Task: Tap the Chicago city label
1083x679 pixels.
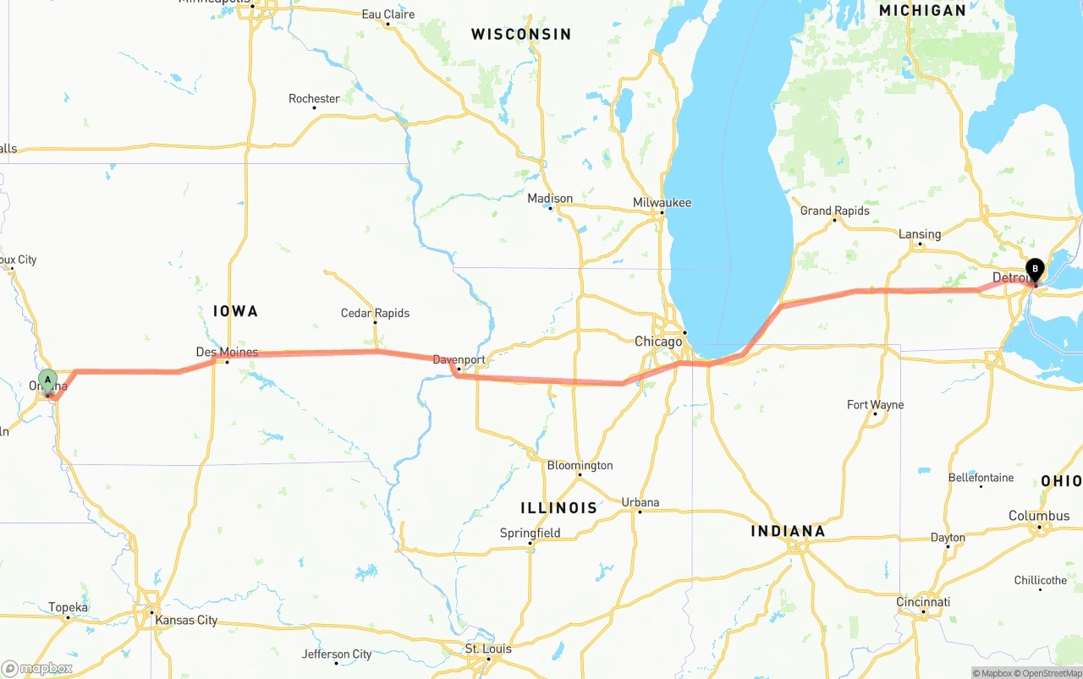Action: coord(658,342)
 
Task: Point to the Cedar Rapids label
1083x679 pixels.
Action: coord(375,313)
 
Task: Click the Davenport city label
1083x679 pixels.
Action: coord(459,359)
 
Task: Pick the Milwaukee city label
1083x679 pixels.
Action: coord(662,203)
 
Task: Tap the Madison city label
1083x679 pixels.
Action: coord(550,199)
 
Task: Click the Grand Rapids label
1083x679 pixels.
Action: coord(834,211)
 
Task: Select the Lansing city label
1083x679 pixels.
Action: coord(920,234)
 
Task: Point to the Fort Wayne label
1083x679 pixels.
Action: coord(875,405)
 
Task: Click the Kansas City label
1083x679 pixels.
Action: coord(186,620)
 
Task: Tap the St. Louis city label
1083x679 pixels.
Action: coord(488,649)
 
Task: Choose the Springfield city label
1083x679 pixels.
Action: coord(530,533)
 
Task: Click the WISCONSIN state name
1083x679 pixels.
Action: coord(521,35)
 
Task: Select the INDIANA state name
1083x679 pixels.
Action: coord(788,531)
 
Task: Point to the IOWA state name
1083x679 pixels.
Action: coord(235,311)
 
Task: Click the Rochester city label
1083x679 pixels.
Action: coord(314,99)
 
